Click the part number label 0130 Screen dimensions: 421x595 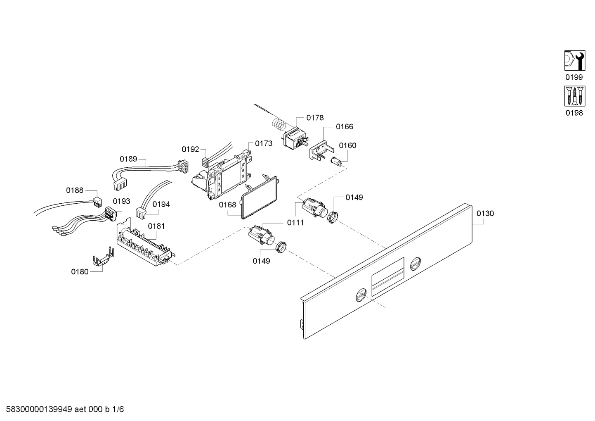coord(485,214)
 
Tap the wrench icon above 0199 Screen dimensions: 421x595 coord(574,61)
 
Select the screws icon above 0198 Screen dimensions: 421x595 coord(574,97)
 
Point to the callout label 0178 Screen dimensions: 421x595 coord(315,118)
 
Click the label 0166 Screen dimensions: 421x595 coord(344,127)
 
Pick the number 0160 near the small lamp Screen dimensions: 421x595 coord(347,145)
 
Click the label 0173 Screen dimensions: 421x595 coord(264,143)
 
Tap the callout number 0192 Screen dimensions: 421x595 coord(190,149)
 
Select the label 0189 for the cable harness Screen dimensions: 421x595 coord(128,159)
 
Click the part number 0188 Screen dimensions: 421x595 coord(75,190)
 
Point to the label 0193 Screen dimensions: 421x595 coord(121,201)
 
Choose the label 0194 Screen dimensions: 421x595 coord(161,204)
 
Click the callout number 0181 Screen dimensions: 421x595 coord(156,226)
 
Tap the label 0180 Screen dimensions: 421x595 coord(80,272)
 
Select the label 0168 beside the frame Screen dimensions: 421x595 coord(227,205)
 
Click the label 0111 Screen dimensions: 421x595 coord(295,223)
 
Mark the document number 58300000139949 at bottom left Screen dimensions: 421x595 coord(37,409)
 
